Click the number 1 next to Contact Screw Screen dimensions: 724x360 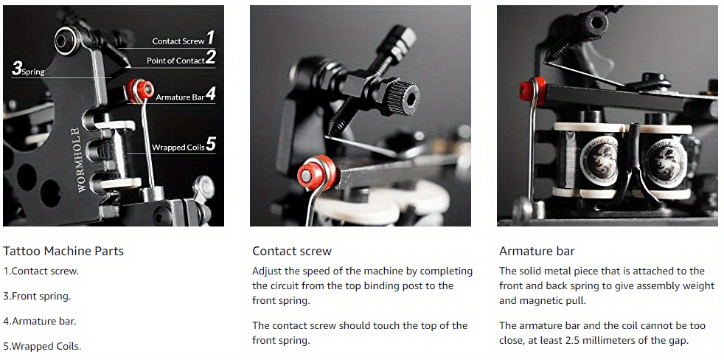(x=210, y=38)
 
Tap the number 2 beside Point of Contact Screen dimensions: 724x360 (x=211, y=58)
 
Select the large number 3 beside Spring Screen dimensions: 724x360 (x=17, y=69)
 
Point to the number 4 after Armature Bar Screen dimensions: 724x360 (x=211, y=94)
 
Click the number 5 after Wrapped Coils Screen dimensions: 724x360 (x=211, y=144)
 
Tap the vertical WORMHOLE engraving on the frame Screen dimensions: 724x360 (x=81, y=160)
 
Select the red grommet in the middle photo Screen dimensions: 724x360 (x=316, y=173)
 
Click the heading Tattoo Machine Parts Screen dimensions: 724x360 (x=63, y=252)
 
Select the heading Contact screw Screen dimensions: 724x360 (x=292, y=251)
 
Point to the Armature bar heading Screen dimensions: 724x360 (x=537, y=252)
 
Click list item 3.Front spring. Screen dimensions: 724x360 (x=37, y=297)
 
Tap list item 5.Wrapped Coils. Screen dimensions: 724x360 (x=42, y=346)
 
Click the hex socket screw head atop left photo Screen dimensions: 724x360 (x=63, y=41)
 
